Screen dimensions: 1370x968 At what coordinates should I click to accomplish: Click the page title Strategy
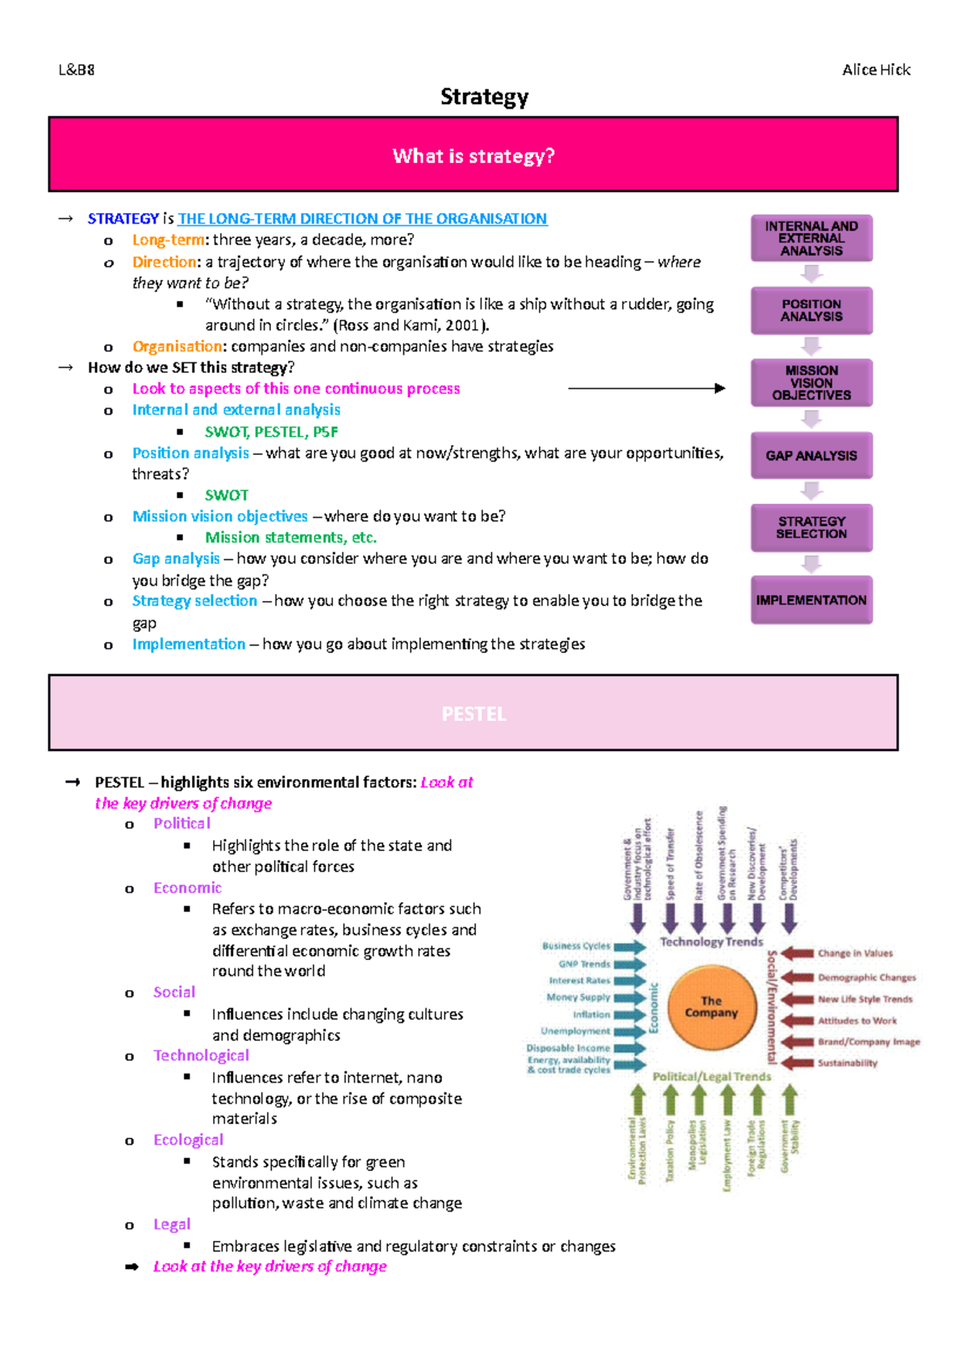[x=484, y=97]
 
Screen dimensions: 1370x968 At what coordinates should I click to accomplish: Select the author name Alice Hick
[x=876, y=70]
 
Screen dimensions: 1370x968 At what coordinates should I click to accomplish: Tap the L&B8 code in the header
[x=77, y=70]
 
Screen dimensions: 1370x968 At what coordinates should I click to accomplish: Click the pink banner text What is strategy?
[x=474, y=156]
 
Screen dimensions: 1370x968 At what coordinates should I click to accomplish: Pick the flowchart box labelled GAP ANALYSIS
[x=812, y=456]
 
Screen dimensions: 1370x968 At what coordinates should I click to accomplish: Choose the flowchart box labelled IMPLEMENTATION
[x=812, y=600]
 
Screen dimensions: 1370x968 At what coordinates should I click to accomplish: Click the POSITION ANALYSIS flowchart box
[x=812, y=311]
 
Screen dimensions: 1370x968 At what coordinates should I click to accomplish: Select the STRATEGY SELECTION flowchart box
[x=812, y=528]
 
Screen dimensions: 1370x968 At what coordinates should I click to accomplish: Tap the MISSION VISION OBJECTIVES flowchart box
[x=812, y=382]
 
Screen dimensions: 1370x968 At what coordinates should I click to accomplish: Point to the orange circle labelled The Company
[x=711, y=1007]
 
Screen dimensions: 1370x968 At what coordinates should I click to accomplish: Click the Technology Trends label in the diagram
[x=711, y=942]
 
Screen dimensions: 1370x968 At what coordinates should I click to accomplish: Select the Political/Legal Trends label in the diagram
[x=711, y=1076]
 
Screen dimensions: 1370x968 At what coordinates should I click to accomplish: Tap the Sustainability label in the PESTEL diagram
[x=847, y=1063]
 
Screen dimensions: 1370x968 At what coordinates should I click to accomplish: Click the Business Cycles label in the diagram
[x=576, y=946]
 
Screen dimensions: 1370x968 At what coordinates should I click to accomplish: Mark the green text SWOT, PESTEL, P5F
[x=271, y=432]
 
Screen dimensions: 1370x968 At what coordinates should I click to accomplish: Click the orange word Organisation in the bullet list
[x=177, y=346]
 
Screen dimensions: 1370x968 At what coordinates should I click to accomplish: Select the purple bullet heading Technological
[x=201, y=1055]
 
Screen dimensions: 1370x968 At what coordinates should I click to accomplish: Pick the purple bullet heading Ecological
[x=188, y=1140]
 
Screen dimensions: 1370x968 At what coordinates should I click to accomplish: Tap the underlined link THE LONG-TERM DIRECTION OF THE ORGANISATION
[x=362, y=219]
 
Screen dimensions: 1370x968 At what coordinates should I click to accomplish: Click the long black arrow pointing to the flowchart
[x=645, y=388]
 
